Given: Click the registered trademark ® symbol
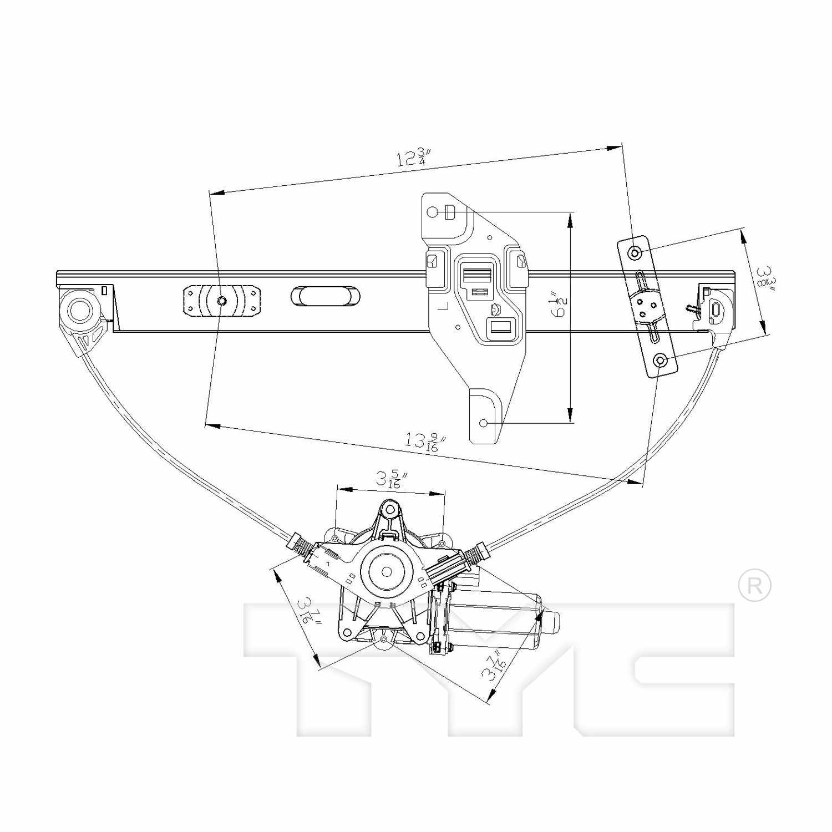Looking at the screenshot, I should click(754, 585).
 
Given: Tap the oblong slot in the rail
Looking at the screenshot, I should click(325, 296).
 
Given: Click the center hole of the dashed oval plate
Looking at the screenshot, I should click(221, 301).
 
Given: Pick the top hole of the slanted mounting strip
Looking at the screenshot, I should click(635, 253).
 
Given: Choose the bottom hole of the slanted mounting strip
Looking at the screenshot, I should click(660, 361).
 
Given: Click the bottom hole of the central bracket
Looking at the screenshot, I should click(483, 423).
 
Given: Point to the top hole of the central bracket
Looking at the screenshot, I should click(433, 212).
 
